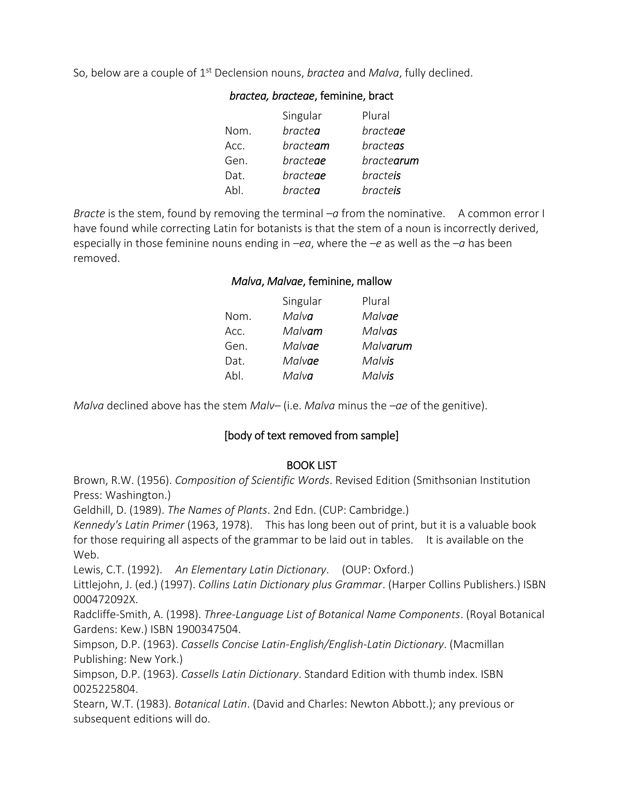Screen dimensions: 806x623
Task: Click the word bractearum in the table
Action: pos(390,161)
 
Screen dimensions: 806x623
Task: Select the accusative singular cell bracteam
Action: pos(306,146)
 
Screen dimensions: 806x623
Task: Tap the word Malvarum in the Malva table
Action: pos(387,346)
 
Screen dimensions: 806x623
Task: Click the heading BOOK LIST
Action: pos(311,465)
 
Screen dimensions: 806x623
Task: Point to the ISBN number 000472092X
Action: pos(106,599)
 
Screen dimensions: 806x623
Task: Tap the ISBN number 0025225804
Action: pos(106,689)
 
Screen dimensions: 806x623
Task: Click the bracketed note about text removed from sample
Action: pos(311,436)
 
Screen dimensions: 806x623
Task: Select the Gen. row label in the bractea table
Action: pos(236,161)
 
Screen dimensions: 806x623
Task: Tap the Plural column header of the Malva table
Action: pos(375,301)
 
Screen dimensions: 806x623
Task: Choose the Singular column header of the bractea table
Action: pos(302,116)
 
